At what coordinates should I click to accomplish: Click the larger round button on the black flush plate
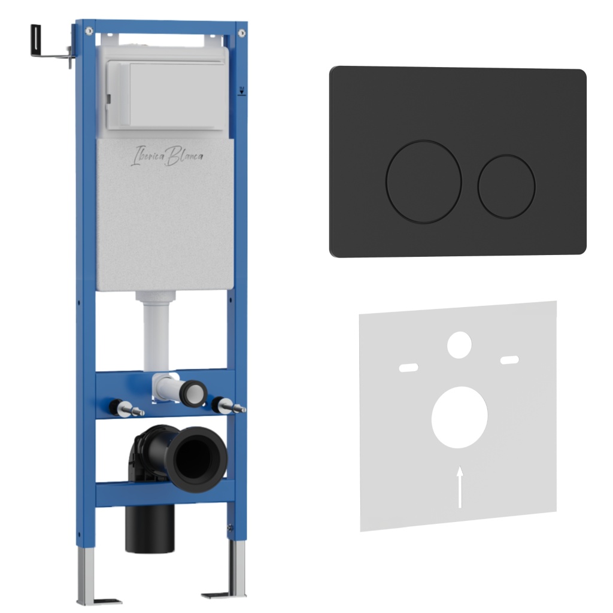coord(424,182)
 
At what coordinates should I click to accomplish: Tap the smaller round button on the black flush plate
coord(506,187)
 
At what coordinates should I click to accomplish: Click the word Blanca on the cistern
coord(184,156)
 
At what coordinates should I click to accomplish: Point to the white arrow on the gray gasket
coord(460,487)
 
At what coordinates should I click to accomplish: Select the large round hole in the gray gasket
coord(459,417)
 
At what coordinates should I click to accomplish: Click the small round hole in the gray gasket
coord(459,345)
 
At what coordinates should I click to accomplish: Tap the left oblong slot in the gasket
coord(408,368)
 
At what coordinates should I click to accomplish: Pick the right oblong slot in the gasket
coord(510,360)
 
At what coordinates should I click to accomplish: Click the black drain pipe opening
coord(196,459)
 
